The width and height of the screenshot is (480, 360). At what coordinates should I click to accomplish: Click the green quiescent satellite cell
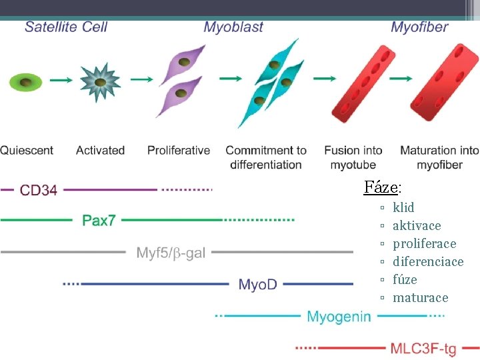point(25,83)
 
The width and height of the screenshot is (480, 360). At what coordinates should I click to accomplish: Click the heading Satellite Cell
point(66,27)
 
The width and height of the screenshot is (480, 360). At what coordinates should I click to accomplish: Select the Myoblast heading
point(233,27)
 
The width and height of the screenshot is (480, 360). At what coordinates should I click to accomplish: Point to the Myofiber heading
point(419,27)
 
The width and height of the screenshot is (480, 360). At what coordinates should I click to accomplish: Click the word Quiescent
point(27,150)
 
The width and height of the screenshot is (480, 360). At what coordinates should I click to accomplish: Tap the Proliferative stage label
point(179,150)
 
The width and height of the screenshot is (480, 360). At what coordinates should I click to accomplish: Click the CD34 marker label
point(39,191)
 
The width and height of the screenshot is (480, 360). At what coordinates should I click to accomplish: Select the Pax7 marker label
point(99,220)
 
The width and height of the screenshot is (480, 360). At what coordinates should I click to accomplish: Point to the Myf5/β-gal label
point(171,253)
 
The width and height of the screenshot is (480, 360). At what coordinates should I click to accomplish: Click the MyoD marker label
point(258,285)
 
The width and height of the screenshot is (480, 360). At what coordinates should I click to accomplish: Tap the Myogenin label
point(339,317)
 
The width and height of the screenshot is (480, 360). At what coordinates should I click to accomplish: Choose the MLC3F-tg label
point(423,348)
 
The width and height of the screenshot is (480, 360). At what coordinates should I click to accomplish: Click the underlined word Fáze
point(381,187)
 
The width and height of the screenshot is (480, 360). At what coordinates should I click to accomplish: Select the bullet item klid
point(403,207)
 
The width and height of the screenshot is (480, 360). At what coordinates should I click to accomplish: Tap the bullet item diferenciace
point(428,261)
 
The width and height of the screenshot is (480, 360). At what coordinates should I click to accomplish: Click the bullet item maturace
point(421,297)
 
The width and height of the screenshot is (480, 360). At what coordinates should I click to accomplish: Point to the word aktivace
point(417,225)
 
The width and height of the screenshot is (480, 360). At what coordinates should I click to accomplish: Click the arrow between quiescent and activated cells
point(61,81)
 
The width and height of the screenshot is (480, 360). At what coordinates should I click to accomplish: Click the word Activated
point(101,150)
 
